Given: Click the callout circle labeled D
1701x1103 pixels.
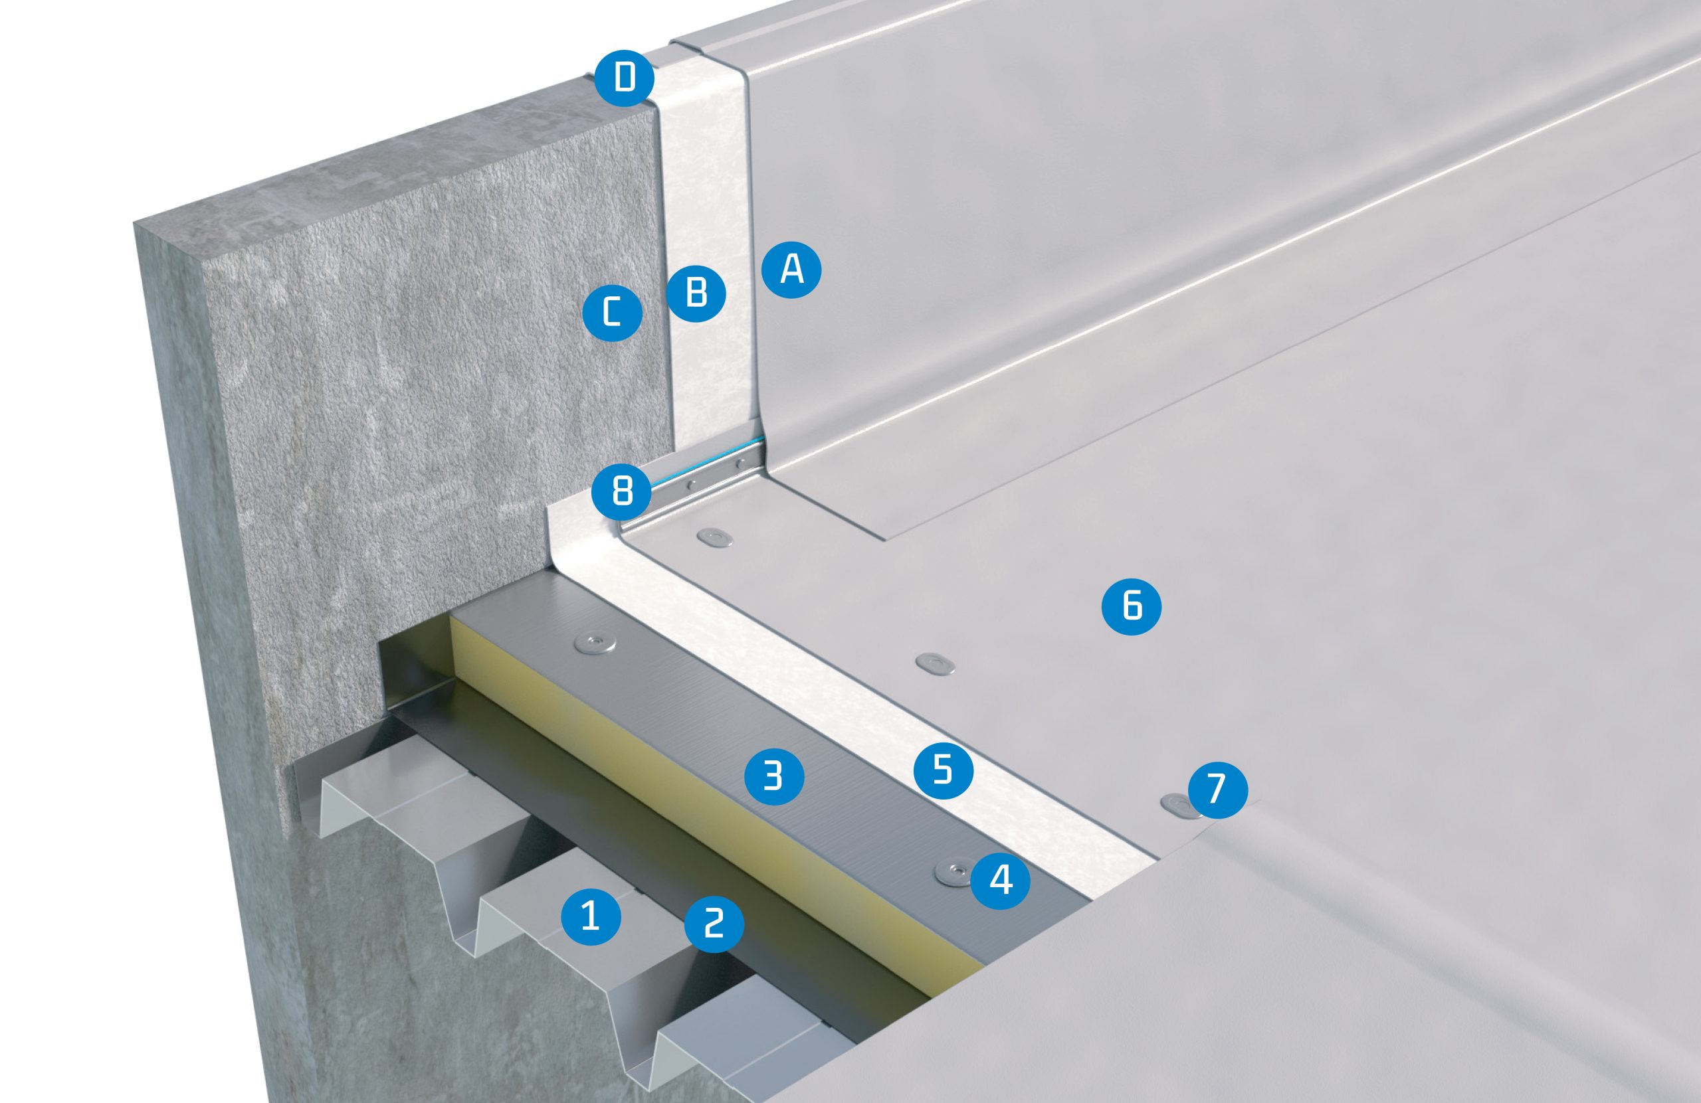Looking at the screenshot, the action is [x=625, y=77].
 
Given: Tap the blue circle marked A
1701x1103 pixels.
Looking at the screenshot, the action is [x=791, y=270].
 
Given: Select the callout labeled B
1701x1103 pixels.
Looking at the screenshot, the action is [x=696, y=292].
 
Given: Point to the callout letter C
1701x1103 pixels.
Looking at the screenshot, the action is [x=613, y=312].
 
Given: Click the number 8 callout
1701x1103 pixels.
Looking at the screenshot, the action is [x=623, y=492].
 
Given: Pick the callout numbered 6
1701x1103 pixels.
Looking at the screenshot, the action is [x=1132, y=605].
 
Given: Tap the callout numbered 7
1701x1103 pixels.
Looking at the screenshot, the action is [x=1218, y=789].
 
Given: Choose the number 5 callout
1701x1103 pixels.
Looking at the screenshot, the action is [x=944, y=770].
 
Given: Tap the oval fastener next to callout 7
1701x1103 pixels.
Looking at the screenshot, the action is [x=1179, y=804].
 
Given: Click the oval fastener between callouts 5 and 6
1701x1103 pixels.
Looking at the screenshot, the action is [x=936, y=662].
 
